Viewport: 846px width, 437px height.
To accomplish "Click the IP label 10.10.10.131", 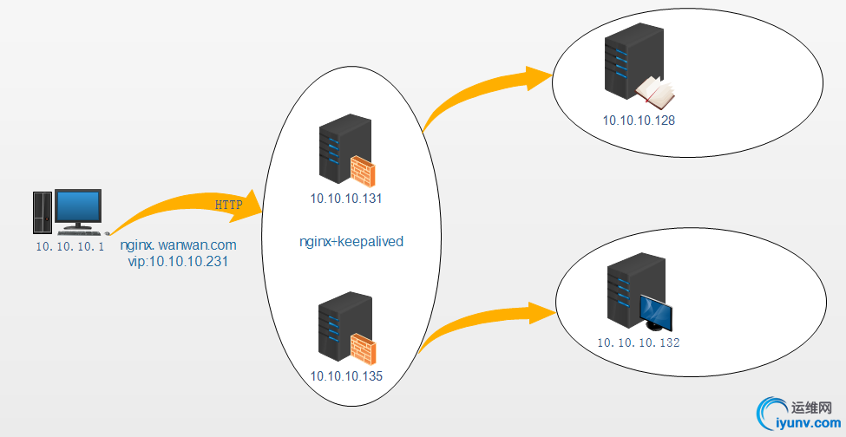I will click(346, 199).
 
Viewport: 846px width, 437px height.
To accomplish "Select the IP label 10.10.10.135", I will click(346, 376).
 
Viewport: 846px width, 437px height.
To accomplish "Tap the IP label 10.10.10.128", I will click(639, 121).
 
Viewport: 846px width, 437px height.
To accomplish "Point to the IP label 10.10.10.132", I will click(638, 343).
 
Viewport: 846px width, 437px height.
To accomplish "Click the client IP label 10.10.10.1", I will click(69, 247).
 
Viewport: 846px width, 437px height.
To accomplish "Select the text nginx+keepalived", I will click(351, 242).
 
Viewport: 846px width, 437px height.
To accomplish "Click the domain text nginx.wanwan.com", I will click(178, 245).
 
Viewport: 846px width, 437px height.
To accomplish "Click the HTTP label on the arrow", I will click(228, 205).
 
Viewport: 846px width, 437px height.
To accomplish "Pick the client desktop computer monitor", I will click(78, 209).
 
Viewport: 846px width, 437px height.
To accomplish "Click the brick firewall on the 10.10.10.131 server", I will click(362, 171).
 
